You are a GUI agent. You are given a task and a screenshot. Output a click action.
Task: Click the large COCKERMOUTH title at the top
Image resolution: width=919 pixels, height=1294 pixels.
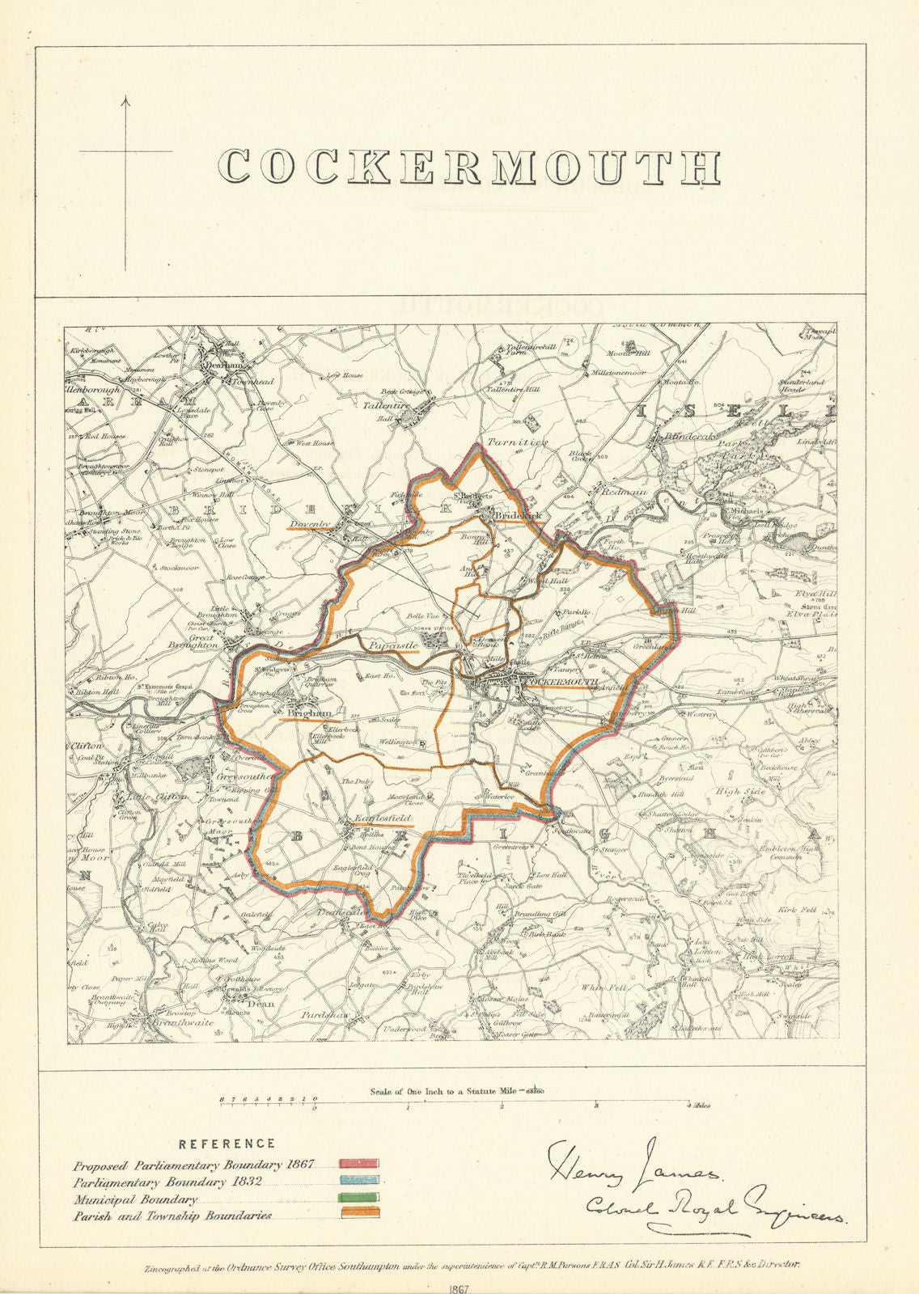(470, 167)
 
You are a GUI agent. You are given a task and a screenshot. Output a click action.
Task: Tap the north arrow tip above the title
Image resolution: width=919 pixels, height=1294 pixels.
(125, 99)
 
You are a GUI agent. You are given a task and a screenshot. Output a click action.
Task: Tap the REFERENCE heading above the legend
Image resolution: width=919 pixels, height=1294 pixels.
(227, 1144)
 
